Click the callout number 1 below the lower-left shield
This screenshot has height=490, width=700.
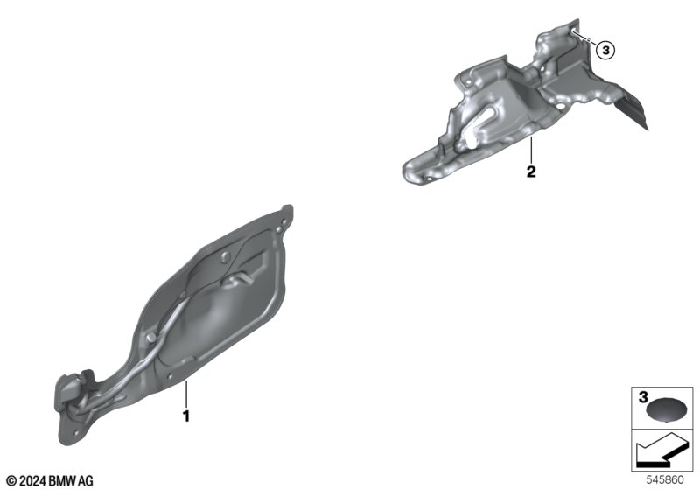click(186, 416)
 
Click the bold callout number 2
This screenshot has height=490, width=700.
click(531, 171)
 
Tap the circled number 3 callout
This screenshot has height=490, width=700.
click(605, 51)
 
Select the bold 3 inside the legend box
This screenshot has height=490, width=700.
click(643, 397)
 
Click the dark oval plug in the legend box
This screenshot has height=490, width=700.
click(667, 409)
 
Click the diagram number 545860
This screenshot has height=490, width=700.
click(665, 480)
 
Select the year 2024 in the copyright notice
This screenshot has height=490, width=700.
click(32, 481)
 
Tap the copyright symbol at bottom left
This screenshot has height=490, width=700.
click(12, 481)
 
